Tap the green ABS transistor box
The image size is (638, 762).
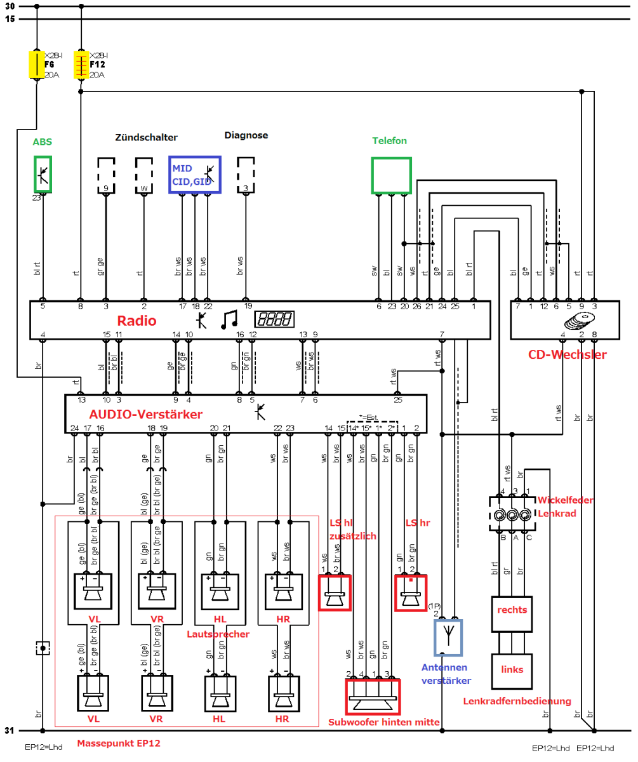43,175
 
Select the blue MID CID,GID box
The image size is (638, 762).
194,174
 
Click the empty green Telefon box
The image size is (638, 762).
391,175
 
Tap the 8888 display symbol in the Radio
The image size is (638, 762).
274,319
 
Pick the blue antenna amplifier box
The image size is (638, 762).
448,637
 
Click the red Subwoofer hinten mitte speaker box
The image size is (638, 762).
373,697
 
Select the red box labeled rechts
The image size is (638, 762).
512,614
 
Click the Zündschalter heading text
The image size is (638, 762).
146,137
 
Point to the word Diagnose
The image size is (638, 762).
246,135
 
